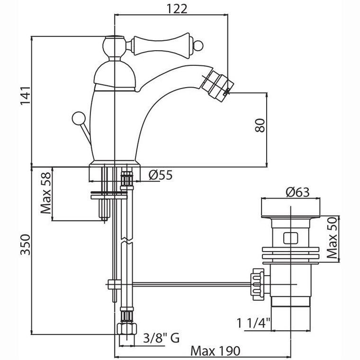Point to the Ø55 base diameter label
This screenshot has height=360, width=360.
click(x=160, y=175)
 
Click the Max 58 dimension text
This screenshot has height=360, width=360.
click(x=45, y=193)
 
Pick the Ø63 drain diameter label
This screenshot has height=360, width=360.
click(x=291, y=192)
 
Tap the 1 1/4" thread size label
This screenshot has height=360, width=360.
click(x=253, y=324)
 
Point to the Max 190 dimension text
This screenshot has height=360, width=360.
click(x=216, y=351)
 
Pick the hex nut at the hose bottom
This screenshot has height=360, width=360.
click(x=126, y=329)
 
